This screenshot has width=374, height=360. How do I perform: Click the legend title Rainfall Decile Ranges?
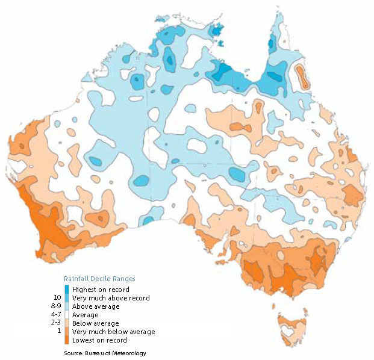click(99, 279)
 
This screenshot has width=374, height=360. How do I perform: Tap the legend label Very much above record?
click(111, 298)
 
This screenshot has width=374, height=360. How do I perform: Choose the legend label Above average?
click(96, 306)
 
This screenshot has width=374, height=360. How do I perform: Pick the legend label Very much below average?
click(113, 332)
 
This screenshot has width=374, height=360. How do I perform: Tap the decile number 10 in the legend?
click(57, 298)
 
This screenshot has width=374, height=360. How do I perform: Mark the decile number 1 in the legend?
click(58, 332)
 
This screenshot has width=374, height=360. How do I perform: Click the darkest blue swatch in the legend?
click(67, 290)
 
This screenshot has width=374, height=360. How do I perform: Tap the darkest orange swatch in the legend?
click(67, 340)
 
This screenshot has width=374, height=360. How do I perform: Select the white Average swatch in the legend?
click(67, 315)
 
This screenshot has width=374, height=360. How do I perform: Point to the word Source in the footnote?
click(73, 353)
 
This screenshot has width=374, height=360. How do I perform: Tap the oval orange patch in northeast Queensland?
click(301, 76)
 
